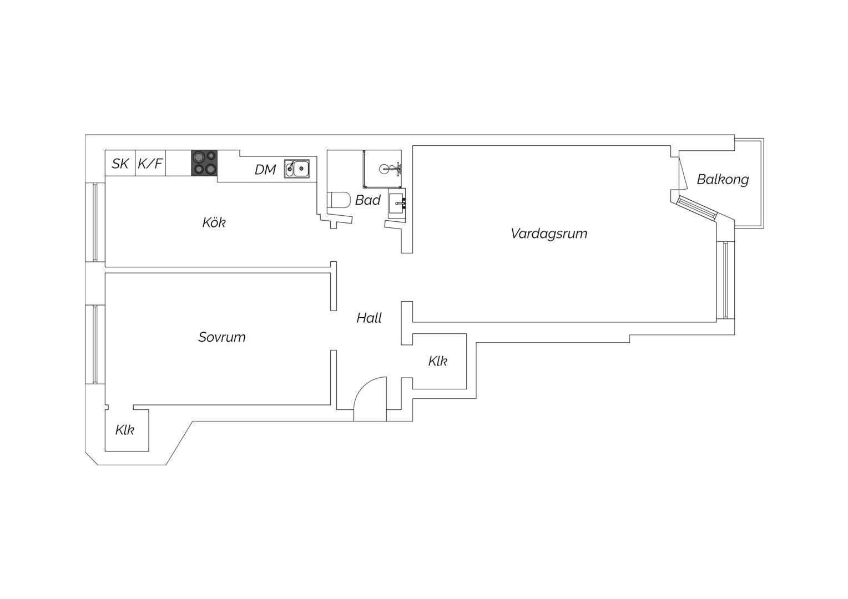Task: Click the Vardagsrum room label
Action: click(x=549, y=233)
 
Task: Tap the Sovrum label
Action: click(x=222, y=337)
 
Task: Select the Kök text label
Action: click(x=214, y=222)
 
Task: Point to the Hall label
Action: click(x=369, y=318)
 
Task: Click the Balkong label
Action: click(x=723, y=179)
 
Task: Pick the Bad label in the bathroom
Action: click(x=367, y=200)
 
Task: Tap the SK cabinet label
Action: click(x=120, y=164)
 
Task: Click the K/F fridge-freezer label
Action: click(x=150, y=164)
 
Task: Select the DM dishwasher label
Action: click(x=265, y=170)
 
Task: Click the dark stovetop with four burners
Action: click(x=204, y=163)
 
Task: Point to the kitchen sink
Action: click(x=297, y=169)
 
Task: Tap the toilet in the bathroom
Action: click(x=339, y=200)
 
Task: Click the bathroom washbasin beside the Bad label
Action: click(x=397, y=204)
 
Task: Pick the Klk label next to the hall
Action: click(x=438, y=362)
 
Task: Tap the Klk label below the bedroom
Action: click(x=124, y=430)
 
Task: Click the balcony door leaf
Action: click(x=683, y=173)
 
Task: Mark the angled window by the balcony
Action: click(x=698, y=208)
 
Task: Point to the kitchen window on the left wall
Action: click(x=95, y=222)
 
